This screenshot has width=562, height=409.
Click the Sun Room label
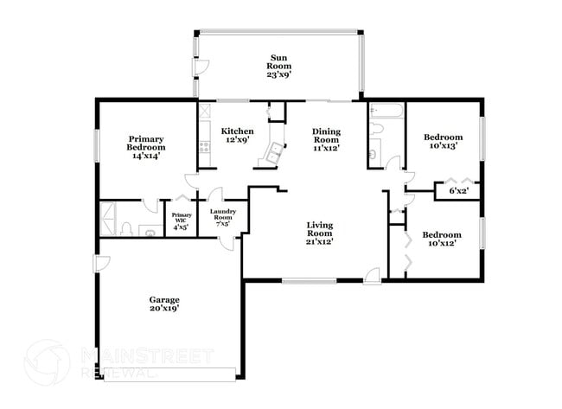click(278, 66)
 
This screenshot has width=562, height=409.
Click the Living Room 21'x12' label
click(319, 234)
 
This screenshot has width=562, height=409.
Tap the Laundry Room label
click(223, 217)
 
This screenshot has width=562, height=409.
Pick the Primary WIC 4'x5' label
click(181, 220)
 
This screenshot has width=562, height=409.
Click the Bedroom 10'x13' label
click(442, 141)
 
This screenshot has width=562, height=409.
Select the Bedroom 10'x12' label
click(442, 239)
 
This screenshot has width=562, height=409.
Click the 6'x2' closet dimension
click(458, 190)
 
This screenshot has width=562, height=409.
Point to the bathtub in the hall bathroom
click(381, 113)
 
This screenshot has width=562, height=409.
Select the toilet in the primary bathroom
click(126, 228)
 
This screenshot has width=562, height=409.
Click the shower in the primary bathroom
click(108, 219)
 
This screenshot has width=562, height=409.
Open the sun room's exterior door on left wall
click(200, 68)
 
